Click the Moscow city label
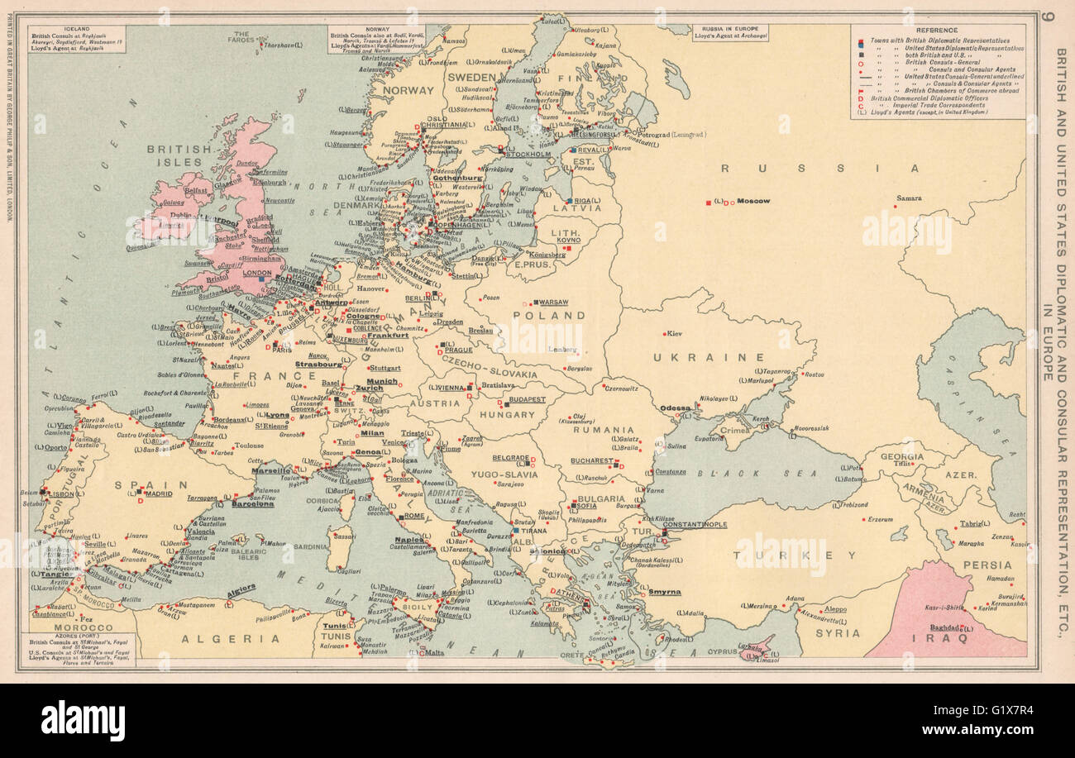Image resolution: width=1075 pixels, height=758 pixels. (x=753, y=201)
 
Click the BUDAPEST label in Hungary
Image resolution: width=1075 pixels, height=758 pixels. (x=528, y=399)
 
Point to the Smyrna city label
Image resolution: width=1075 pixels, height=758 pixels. (x=665, y=592)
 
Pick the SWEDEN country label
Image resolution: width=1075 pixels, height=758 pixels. (x=471, y=76)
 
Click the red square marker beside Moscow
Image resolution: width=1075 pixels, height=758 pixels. (x=708, y=203)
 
